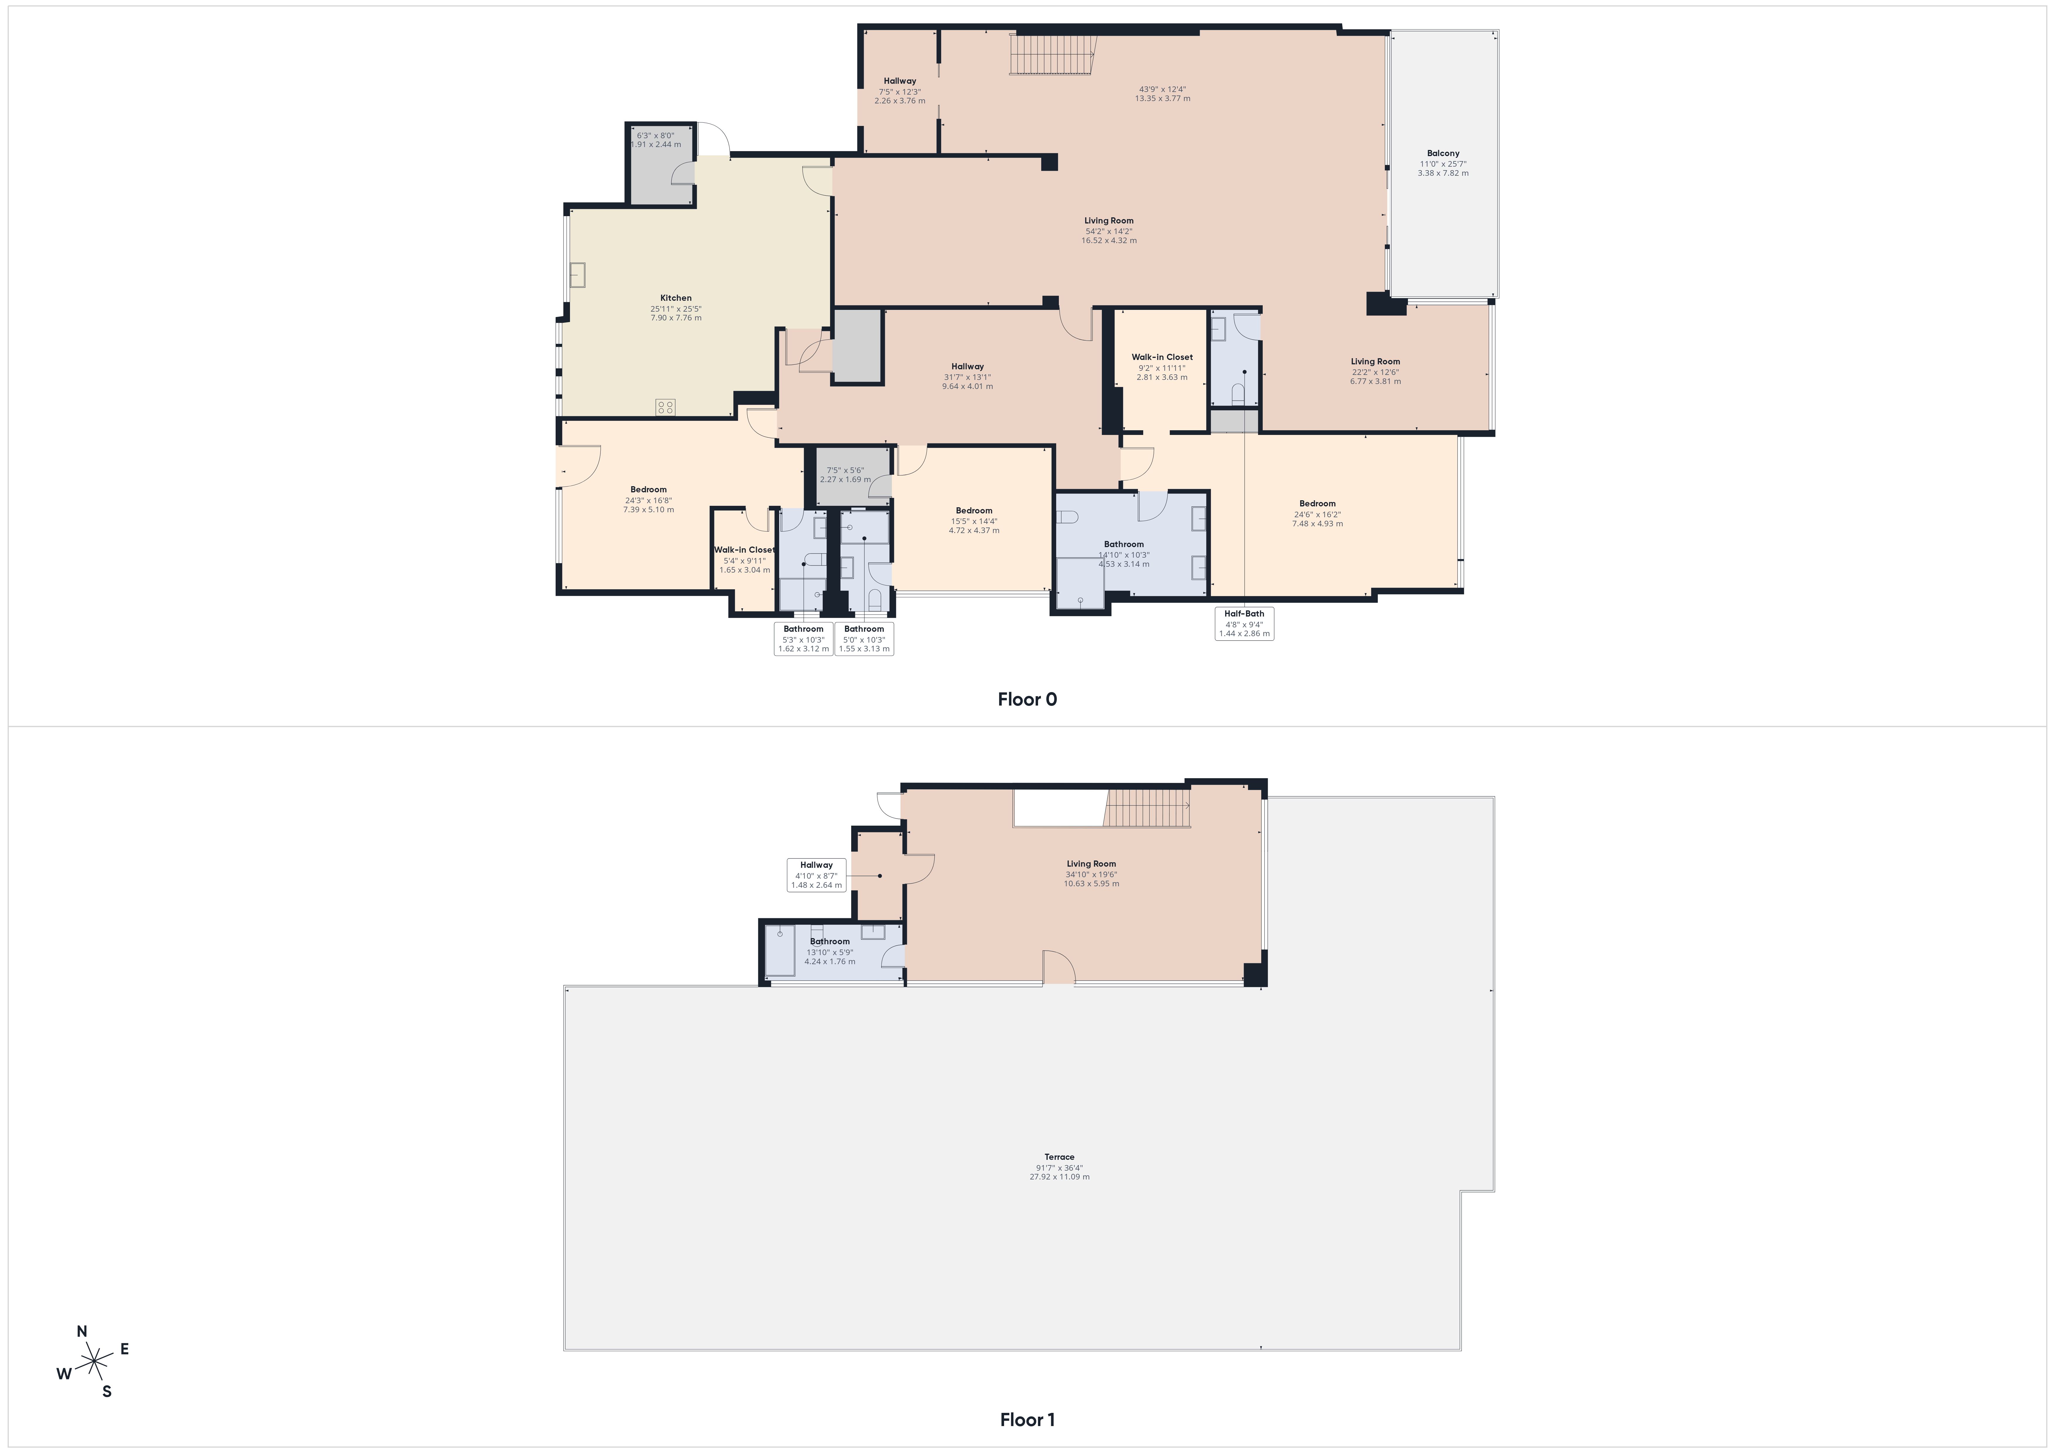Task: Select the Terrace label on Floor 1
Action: [1060, 1157]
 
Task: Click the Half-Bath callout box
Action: [1244, 623]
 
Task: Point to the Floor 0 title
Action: [1027, 699]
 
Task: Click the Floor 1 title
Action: [1027, 1420]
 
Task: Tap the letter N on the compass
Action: [82, 1331]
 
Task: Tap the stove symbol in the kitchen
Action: [665, 407]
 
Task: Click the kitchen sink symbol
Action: [577, 275]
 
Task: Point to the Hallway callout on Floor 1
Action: [816, 875]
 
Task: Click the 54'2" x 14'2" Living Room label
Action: [1109, 230]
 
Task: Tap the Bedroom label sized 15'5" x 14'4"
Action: [974, 520]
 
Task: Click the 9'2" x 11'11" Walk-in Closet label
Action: [1162, 367]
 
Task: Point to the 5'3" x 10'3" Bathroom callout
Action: [804, 638]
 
